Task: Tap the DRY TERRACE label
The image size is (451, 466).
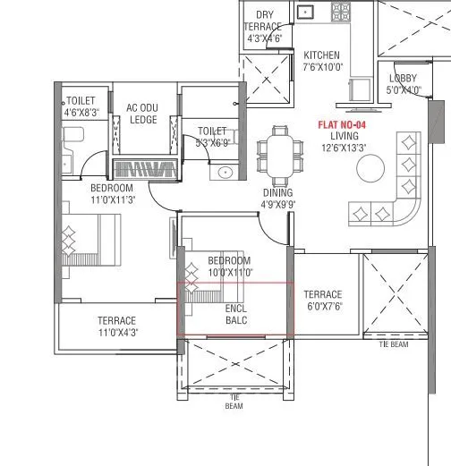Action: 265,27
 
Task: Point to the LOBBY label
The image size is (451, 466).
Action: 403,84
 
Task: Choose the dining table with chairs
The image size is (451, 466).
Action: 277,154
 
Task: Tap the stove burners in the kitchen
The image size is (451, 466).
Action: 340,12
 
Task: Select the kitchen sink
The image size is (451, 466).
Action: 306,12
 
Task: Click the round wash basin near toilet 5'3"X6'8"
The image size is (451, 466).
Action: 225,172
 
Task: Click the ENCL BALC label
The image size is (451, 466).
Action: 236,313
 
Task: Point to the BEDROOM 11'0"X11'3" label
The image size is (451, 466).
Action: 112,194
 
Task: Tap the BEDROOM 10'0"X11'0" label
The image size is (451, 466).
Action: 230,265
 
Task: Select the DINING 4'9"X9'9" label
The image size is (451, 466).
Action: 277,198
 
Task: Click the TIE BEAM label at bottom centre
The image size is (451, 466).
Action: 234,401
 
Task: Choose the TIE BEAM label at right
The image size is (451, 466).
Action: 393,343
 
